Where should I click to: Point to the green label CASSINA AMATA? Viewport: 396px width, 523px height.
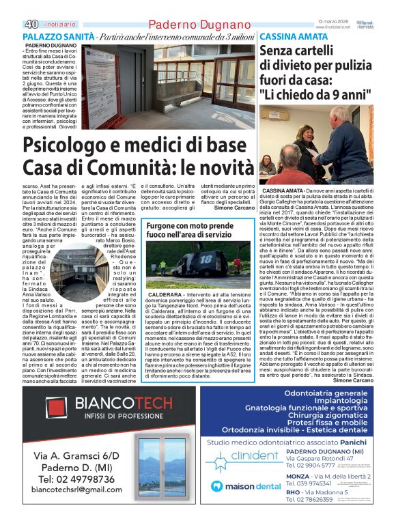pyautogui.click(x=294, y=36)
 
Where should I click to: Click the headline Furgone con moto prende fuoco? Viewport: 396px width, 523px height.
pyautogui.click(x=188, y=231)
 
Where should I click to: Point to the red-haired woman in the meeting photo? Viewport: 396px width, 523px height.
pyautogui.click(x=268, y=165)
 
